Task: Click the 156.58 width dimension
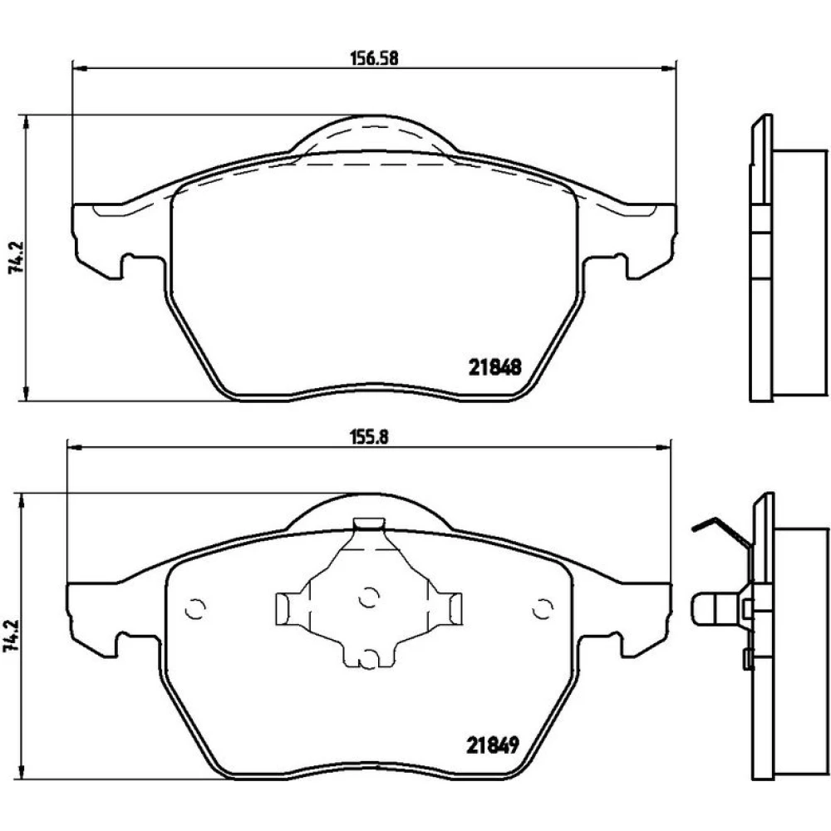(x=374, y=58)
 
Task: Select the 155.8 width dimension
(x=370, y=437)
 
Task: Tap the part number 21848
(x=495, y=366)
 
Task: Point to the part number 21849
(x=492, y=745)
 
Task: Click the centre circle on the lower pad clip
(x=369, y=598)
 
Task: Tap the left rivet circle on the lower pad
(x=194, y=609)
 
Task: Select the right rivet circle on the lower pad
(x=542, y=608)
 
